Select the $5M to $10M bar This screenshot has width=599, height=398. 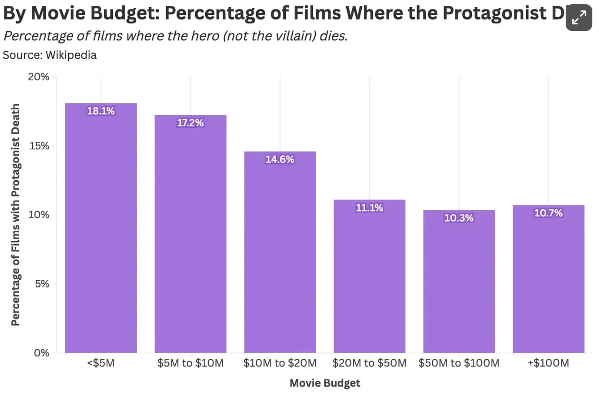(190, 234)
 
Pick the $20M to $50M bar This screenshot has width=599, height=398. (369, 276)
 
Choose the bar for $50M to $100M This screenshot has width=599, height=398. (459, 281)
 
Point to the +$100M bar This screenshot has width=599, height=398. (549, 279)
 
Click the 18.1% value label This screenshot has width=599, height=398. (101, 111)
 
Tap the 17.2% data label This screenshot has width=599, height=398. (190, 123)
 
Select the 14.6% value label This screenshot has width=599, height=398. (280, 160)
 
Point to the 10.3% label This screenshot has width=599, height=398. (459, 218)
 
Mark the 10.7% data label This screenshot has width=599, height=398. (549, 213)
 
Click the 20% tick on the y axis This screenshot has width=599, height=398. (39, 77)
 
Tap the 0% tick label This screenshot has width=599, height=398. (41, 353)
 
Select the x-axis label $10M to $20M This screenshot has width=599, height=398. (280, 363)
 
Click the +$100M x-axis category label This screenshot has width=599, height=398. (549, 363)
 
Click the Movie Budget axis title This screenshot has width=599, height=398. (325, 383)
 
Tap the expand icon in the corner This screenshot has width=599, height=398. (579, 18)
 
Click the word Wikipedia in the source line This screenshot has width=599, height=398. (71, 55)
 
